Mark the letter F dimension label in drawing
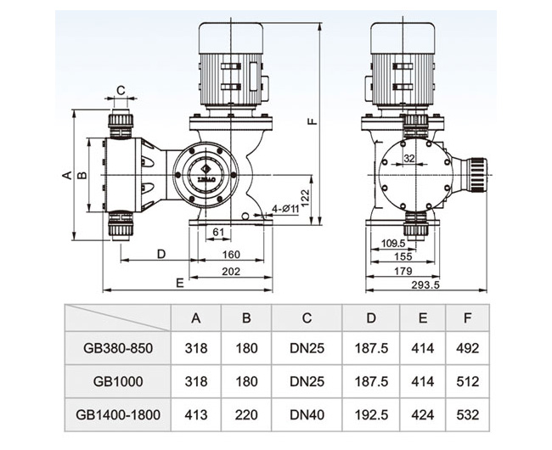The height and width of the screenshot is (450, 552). tap(313, 121)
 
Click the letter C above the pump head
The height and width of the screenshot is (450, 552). tap(121, 89)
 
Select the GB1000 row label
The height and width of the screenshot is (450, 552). tap(119, 382)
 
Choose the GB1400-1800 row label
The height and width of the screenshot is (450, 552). tap(119, 416)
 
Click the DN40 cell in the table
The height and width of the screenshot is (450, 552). tap(307, 416)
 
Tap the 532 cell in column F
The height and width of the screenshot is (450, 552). tap(467, 416)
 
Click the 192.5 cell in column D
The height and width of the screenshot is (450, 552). tap(371, 416)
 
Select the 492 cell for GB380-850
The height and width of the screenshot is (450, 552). tap(467, 347)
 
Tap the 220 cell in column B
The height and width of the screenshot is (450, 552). tap(246, 416)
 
